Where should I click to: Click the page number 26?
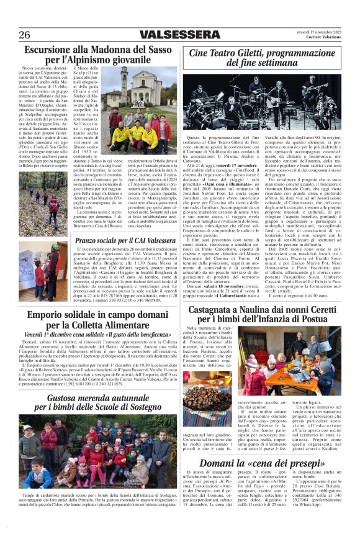pos(24,34)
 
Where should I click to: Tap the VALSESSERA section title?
pos(179,34)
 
